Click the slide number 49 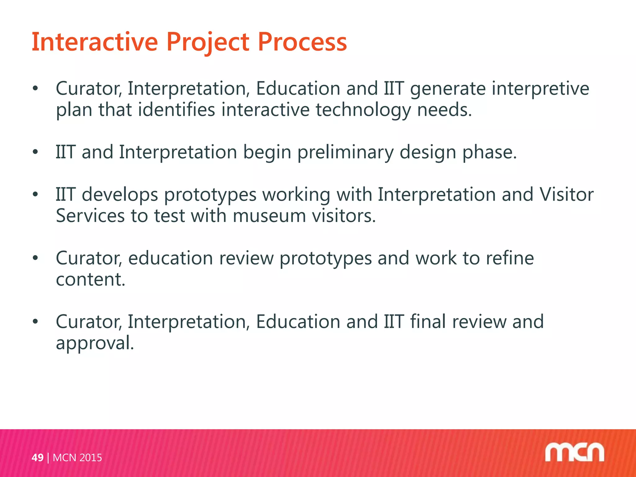(38, 457)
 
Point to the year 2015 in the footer (90, 457)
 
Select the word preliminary (345, 153)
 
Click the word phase (489, 153)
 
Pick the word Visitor (566, 195)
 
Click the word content (90, 279)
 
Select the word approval (95, 343)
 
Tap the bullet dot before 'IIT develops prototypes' (35, 195)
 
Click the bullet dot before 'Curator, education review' (35, 258)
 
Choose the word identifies (176, 111)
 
